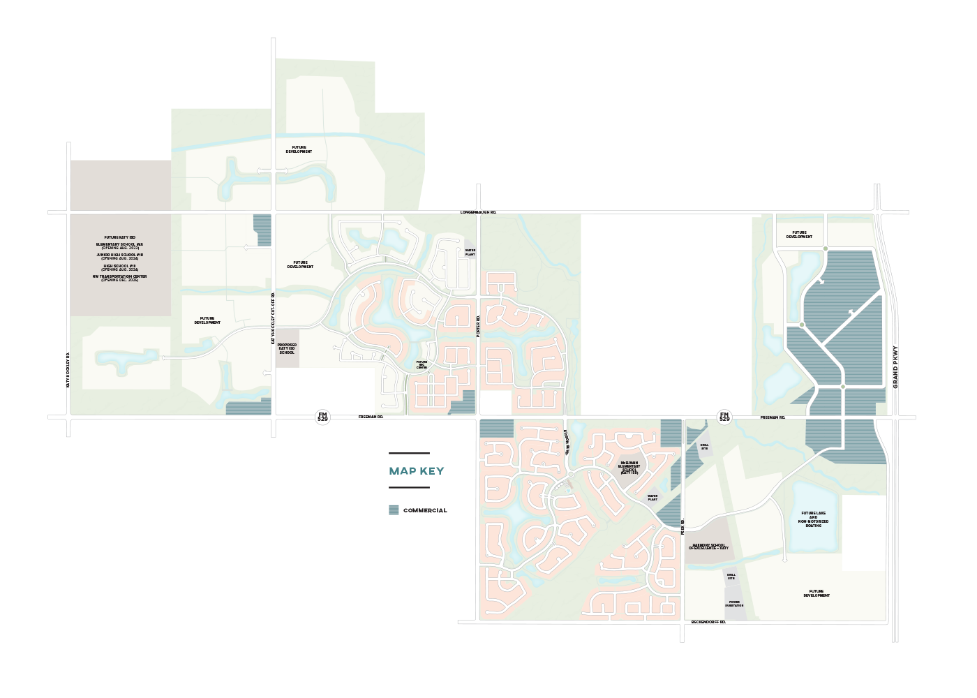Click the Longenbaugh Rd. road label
(x=478, y=211)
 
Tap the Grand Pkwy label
(x=895, y=367)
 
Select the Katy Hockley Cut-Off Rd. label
(x=273, y=318)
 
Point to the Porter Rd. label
(x=478, y=327)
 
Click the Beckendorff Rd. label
(x=708, y=621)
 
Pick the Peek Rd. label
(x=683, y=527)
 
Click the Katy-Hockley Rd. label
(x=68, y=370)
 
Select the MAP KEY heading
(x=416, y=471)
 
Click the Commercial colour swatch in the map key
(x=394, y=510)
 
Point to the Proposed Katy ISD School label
(x=287, y=348)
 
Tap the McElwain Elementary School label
(x=629, y=466)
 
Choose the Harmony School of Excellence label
(x=708, y=547)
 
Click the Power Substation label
(x=734, y=604)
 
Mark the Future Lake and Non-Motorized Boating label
(x=813, y=519)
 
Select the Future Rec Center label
(x=422, y=364)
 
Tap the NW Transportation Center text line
(x=120, y=276)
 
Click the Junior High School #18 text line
(x=120, y=255)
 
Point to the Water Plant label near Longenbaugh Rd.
(x=470, y=252)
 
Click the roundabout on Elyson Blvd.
(x=570, y=475)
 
